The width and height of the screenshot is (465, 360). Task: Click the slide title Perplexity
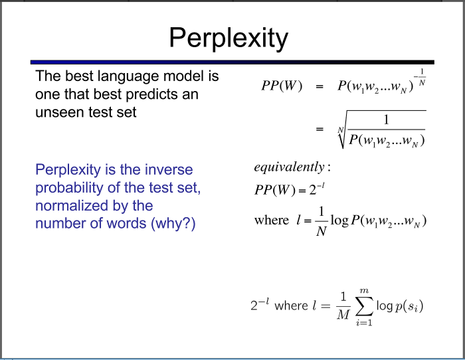(228, 38)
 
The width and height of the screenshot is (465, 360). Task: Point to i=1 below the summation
(363, 323)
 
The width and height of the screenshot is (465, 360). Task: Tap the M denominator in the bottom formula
(343, 315)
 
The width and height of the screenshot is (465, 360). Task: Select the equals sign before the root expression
(320, 130)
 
